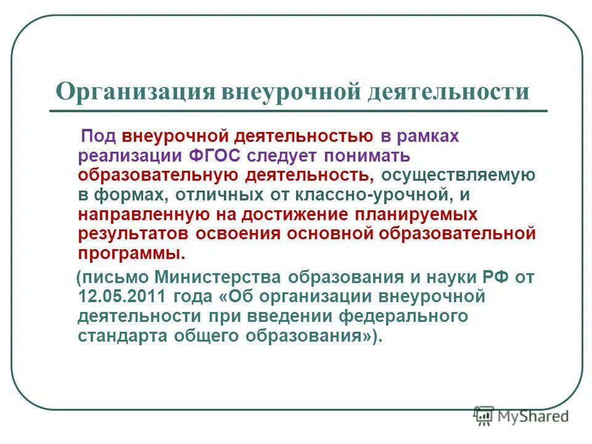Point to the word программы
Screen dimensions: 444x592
tap(131, 253)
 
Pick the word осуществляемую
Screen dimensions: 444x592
tap(458, 175)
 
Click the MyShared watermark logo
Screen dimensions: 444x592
tap(521, 416)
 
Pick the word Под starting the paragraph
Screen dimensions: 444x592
tap(99, 136)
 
